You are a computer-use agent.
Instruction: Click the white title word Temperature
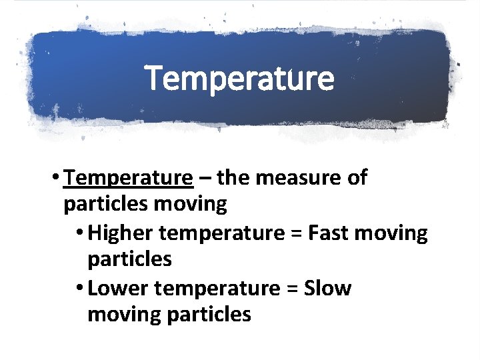[239, 78]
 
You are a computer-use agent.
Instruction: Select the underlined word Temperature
[129, 178]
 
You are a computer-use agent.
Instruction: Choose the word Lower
[117, 289]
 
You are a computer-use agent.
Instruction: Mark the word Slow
[327, 289]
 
